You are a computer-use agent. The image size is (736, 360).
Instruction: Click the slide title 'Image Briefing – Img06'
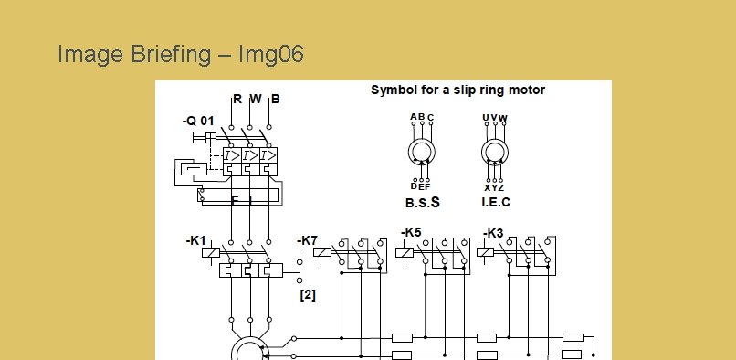tap(181, 55)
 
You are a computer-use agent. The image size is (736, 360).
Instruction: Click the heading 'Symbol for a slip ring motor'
tap(457, 90)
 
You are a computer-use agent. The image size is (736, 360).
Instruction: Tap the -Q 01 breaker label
tap(198, 122)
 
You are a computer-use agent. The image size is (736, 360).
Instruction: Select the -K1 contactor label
tap(196, 240)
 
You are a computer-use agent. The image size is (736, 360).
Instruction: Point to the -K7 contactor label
tap(308, 240)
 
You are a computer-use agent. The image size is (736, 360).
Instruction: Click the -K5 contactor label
tap(411, 232)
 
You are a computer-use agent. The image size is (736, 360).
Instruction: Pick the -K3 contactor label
tap(493, 233)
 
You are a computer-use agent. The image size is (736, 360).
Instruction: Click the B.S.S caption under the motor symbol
tap(423, 203)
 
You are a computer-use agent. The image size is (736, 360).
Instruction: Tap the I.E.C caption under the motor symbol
tap(496, 202)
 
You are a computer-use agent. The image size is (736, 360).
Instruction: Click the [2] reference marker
tap(308, 295)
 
